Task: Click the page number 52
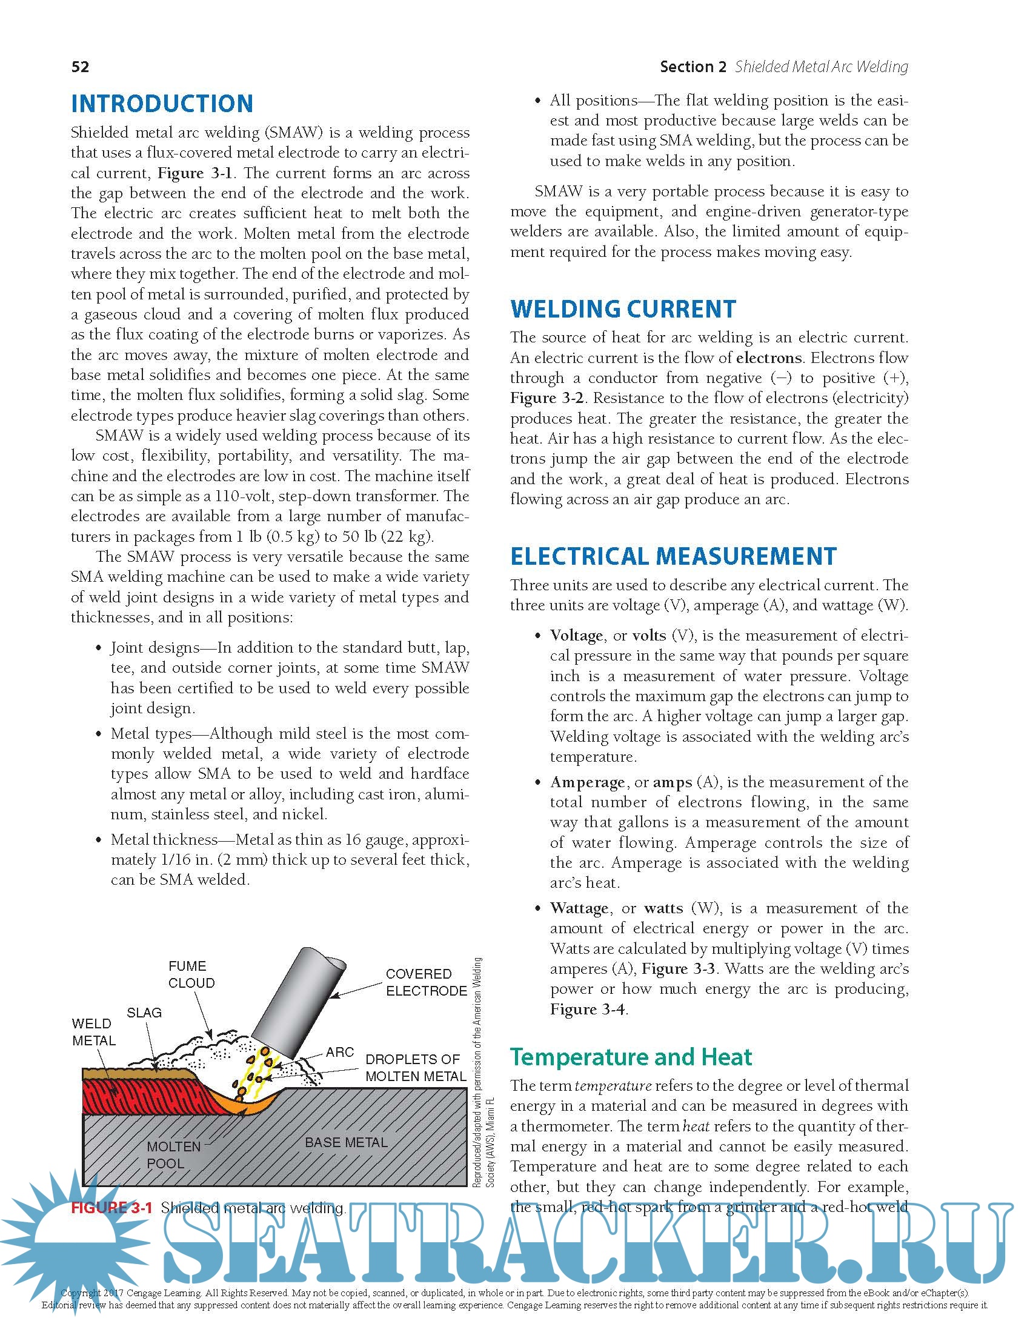(x=80, y=67)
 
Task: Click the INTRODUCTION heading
(x=162, y=104)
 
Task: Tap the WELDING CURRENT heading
(x=623, y=309)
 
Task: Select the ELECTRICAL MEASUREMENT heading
(x=673, y=556)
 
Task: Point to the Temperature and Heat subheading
(x=630, y=1057)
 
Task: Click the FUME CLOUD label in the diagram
(x=191, y=974)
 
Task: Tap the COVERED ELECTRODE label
(x=426, y=982)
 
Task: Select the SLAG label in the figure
(x=144, y=1013)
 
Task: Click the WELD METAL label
(x=93, y=1032)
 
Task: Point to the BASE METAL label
(x=346, y=1142)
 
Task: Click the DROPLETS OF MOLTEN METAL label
(x=416, y=1068)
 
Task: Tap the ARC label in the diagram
(x=339, y=1052)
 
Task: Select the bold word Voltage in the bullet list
(x=576, y=635)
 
